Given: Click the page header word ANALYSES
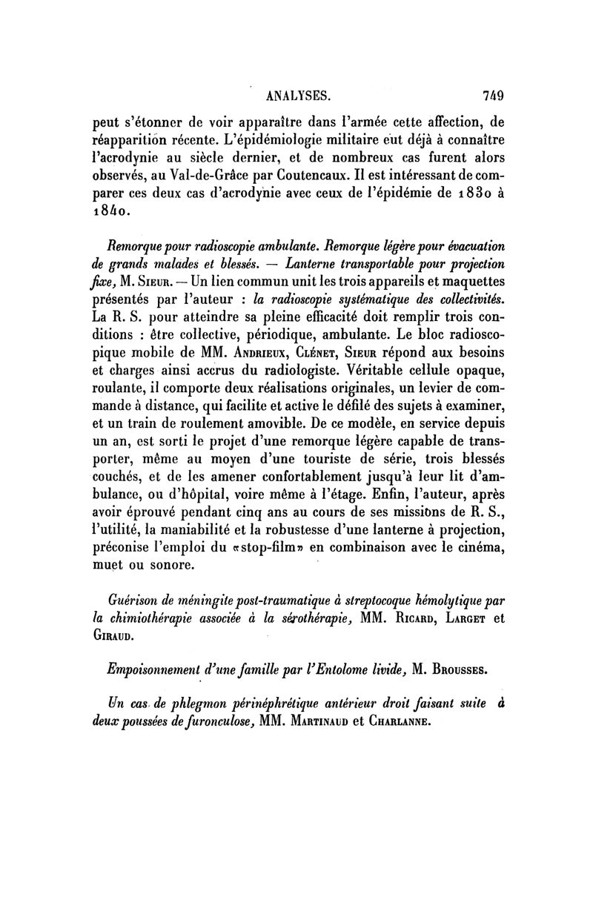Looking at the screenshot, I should [x=297, y=94].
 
